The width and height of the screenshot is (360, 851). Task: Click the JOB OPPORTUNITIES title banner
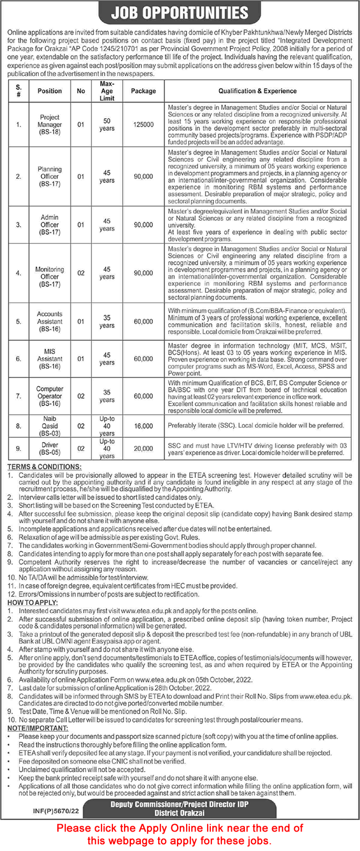(x=180, y=13)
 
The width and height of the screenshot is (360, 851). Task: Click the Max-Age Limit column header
(x=107, y=91)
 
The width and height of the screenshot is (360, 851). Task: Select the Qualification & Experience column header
(x=258, y=91)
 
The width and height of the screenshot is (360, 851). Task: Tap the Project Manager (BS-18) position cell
(x=50, y=125)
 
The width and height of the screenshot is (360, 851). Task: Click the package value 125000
(x=143, y=125)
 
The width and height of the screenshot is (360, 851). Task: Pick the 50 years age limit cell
(x=107, y=125)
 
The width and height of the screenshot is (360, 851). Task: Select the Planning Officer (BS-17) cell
(x=50, y=177)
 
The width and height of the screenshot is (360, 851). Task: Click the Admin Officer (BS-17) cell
(x=50, y=224)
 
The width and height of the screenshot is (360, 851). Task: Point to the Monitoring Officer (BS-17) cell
(x=50, y=276)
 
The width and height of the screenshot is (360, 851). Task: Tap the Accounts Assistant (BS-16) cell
(x=50, y=321)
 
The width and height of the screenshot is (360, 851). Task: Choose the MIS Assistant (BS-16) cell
(x=50, y=358)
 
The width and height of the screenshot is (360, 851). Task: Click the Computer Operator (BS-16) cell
(x=50, y=396)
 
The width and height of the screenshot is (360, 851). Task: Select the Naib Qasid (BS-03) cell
(x=50, y=426)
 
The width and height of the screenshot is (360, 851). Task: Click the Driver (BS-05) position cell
(x=50, y=448)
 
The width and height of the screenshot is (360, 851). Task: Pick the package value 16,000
(x=143, y=426)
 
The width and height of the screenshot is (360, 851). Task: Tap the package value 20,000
(x=143, y=448)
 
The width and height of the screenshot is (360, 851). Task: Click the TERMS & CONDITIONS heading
(x=45, y=467)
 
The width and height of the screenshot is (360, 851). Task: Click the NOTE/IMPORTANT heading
(x=38, y=728)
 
